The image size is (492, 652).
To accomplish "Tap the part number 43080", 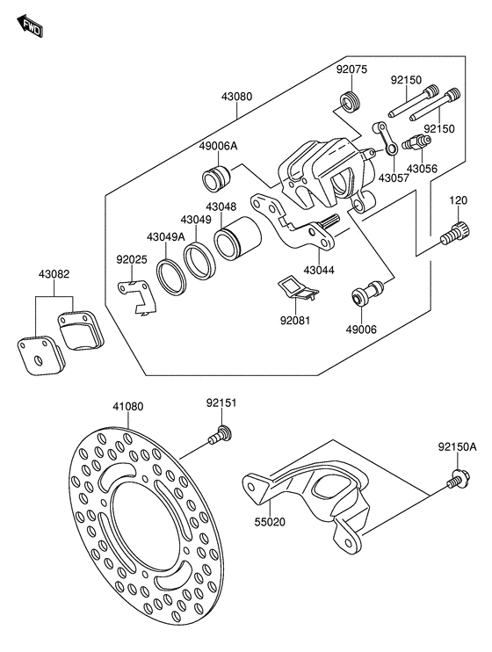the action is tap(236, 97).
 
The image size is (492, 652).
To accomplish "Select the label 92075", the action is tap(351, 69).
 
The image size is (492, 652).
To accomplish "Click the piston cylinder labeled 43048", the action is tap(237, 239).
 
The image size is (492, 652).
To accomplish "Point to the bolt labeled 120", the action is tap(454, 234).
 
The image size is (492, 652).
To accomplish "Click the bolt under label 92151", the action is tap(220, 435).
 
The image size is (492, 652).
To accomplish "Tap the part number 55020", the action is tap(271, 521).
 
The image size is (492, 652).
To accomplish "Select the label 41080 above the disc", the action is tap(128, 406).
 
